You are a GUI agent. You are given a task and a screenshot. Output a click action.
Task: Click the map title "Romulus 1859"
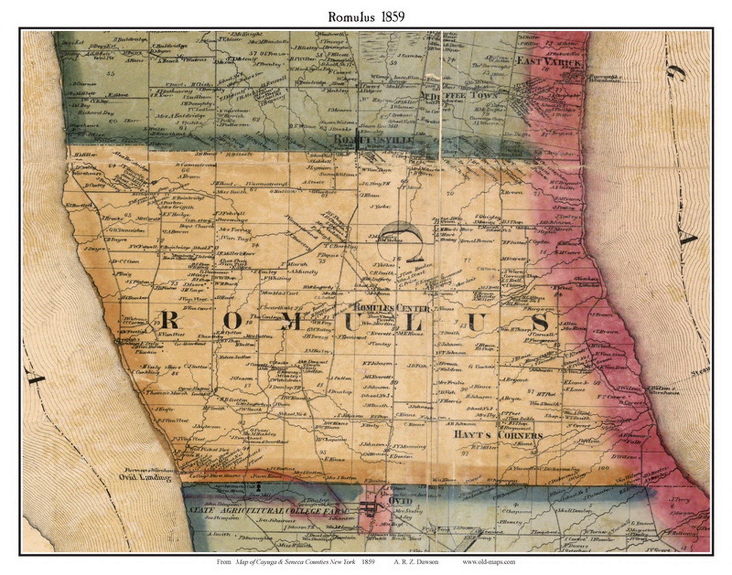coord(366,17)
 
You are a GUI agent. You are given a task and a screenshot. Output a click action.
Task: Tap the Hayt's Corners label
coord(498,435)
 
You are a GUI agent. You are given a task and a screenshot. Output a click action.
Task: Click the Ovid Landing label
coord(145,477)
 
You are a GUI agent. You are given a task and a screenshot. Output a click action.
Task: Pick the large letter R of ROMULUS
coord(169,320)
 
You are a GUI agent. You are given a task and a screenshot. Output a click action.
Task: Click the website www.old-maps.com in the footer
coord(488,562)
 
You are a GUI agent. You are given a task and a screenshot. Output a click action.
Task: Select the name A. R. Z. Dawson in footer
coord(416,562)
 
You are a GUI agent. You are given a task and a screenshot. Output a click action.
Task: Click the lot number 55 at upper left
coord(111,73)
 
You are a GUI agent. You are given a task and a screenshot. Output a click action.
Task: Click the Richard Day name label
coord(96,113)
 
